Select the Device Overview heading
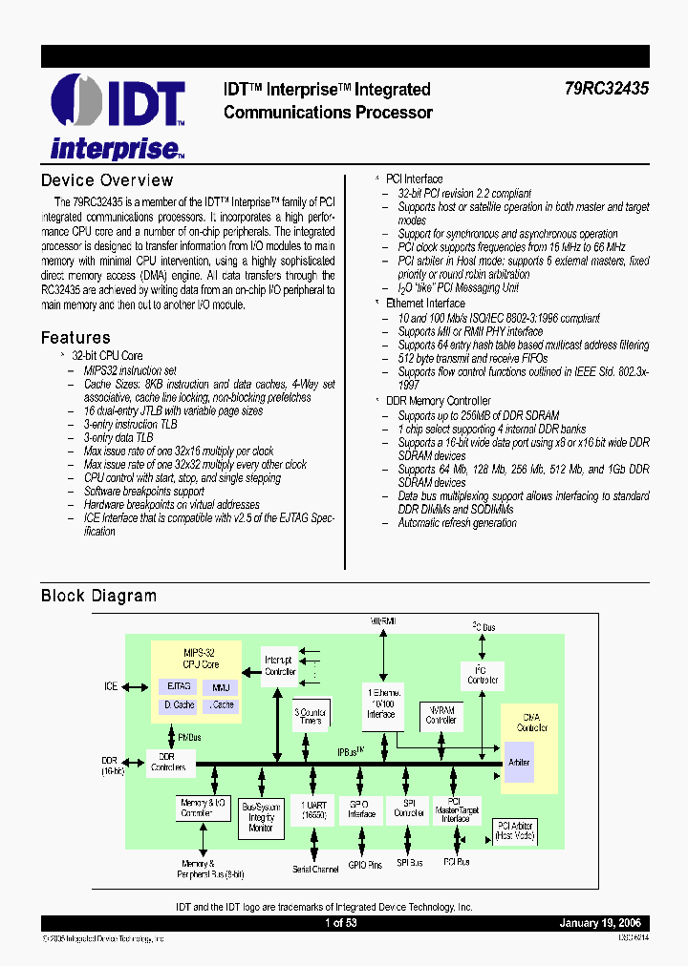(x=107, y=180)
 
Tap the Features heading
(x=75, y=337)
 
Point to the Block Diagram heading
(x=98, y=596)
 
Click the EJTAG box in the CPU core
(x=179, y=685)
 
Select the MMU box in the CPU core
(x=221, y=685)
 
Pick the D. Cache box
(x=179, y=705)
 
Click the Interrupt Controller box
(x=279, y=665)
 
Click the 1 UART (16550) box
(x=312, y=809)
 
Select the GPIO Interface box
(x=362, y=808)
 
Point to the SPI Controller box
(x=409, y=808)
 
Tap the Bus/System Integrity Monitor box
(x=261, y=816)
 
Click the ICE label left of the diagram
(x=111, y=686)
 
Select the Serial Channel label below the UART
(x=315, y=869)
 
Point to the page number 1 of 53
(x=341, y=923)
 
